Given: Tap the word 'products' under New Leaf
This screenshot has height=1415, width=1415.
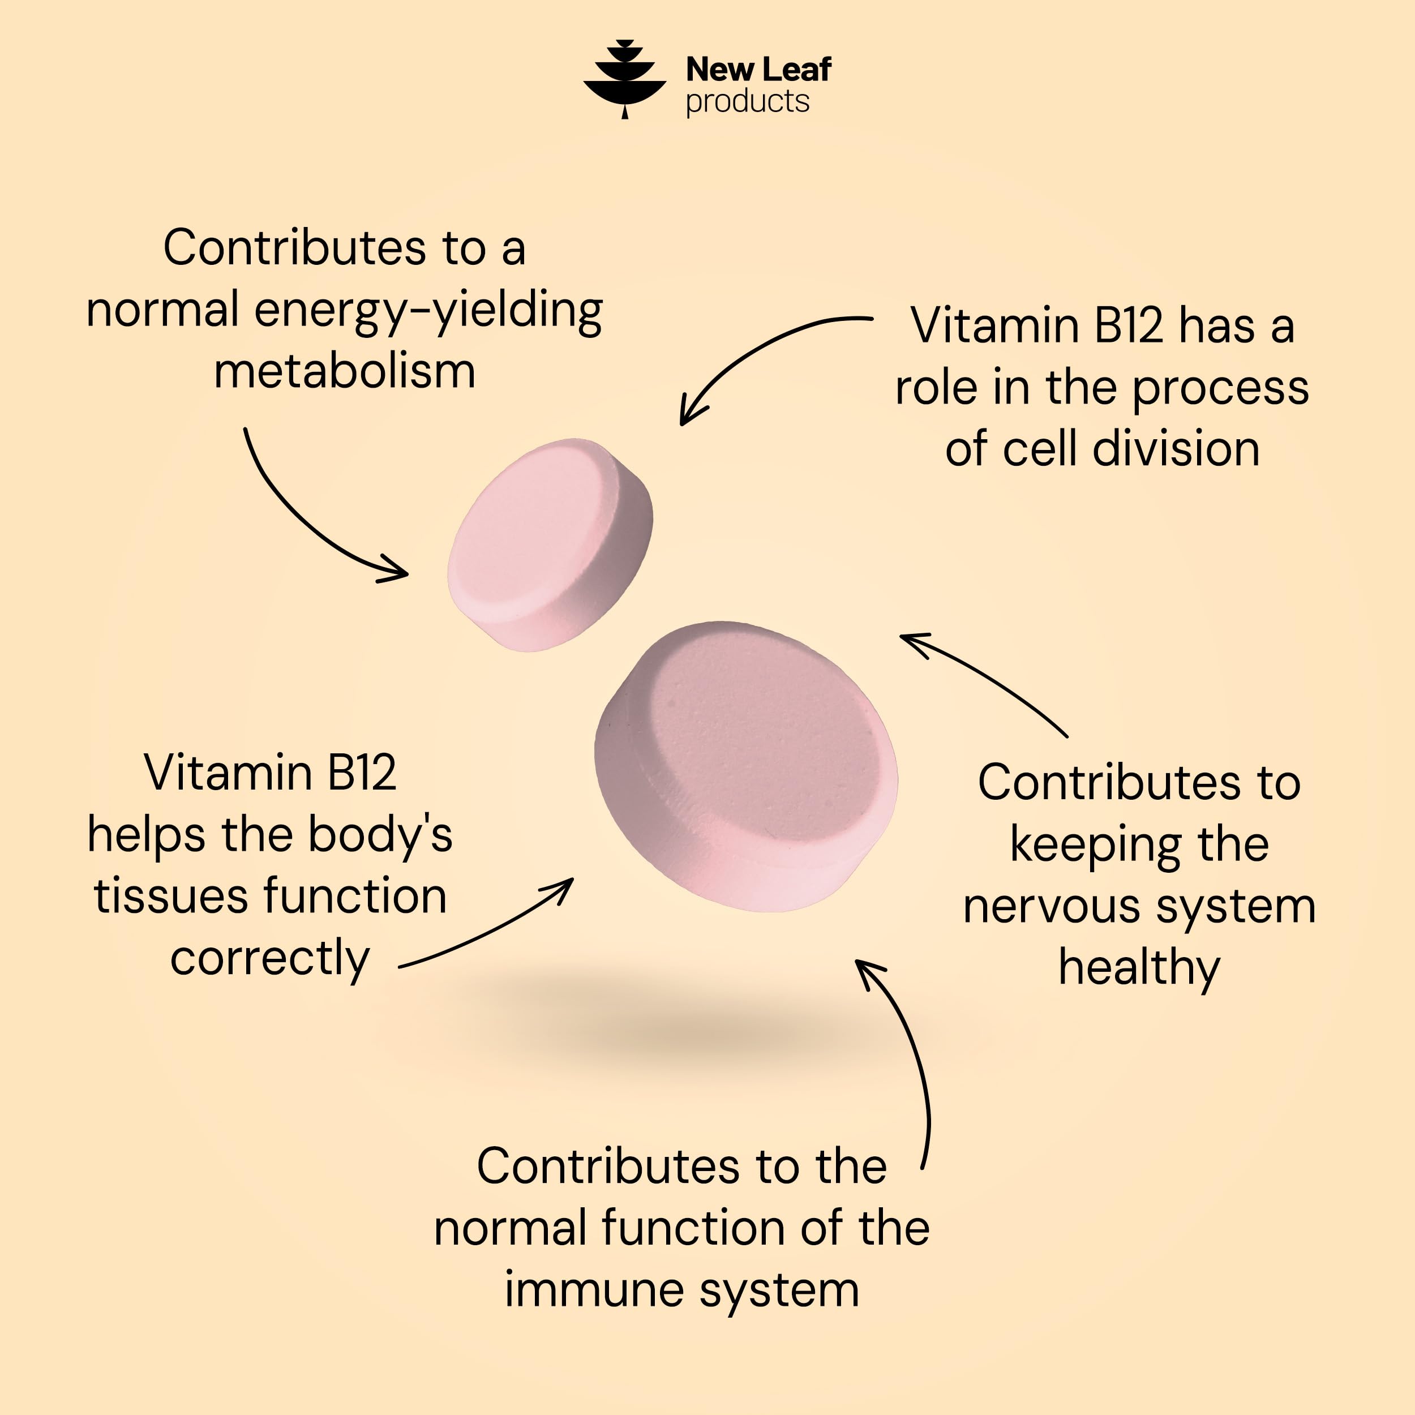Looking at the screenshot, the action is (x=747, y=102).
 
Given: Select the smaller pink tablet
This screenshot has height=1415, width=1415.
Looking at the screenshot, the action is (x=550, y=545).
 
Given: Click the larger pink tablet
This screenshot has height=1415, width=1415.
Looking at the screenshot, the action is (x=745, y=766).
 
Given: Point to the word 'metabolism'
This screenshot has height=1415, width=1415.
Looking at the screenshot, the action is (x=344, y=371).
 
